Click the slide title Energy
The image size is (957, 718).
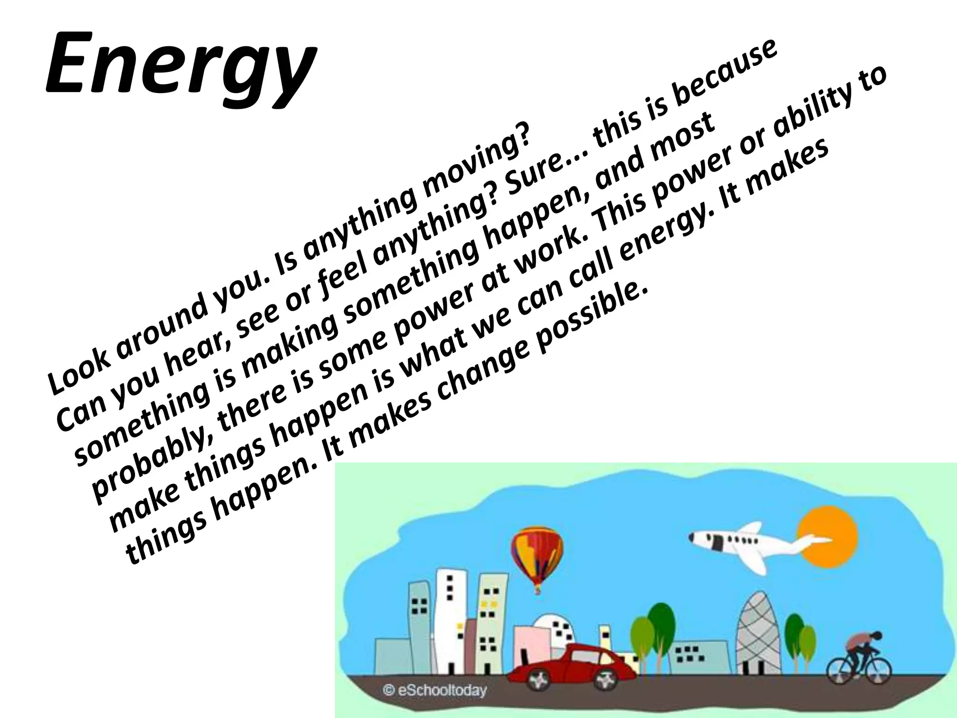click(x=180, y=63)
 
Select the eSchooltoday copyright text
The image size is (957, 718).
click(x=435, y=690)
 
